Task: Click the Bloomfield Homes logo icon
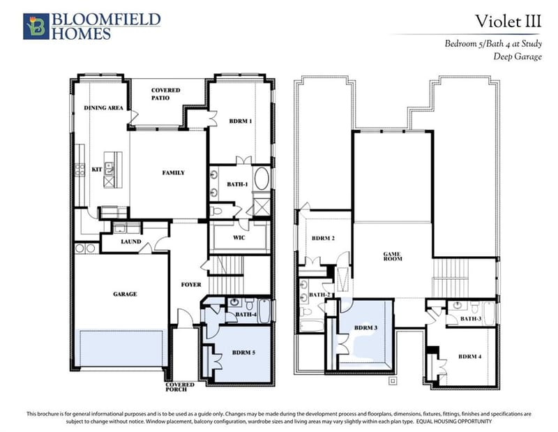click(x=36, y=26)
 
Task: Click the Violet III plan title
click(x=508, y=21)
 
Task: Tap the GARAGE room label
click(x=125, y=295)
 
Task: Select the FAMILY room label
click(x=173, y=172)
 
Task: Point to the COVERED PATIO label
click(x=165, y=94)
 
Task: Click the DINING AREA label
click(x=103, y=107)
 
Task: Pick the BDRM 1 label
click(x=241, y=121)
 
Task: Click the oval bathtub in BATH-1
click(x=262, y=179)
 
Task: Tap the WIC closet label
click(x=239, y=237)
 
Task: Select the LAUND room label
click(x=131, y=241)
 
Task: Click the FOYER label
click(x=191, y=285)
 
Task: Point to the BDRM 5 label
click(x=243, y=352)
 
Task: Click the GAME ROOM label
click(x=393, y=256)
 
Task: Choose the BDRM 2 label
click(x=323, y=238)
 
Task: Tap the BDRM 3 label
click(x=365, y=327)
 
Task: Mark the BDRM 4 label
click(x=469, y=357)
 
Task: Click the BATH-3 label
click(x=471, y=318)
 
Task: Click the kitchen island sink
click(x=109, y=168)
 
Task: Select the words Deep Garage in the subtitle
click(x=518, y=57)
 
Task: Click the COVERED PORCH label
click(x=180, y=387)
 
